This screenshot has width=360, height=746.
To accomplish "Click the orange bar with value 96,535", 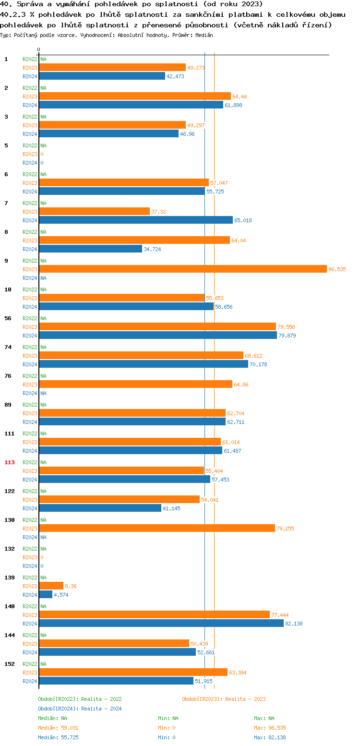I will click(182, 269).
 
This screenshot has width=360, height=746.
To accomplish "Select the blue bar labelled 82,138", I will click(161, 623).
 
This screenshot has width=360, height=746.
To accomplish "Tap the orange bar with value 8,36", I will click(51, 586).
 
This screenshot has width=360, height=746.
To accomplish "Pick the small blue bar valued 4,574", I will click(46, 594).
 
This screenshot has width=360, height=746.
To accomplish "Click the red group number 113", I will click(10, 462).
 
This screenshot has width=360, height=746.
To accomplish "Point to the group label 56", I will click(8, 318).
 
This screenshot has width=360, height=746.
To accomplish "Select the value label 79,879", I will click(287, 336).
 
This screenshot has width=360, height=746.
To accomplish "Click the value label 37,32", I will click(158, 212).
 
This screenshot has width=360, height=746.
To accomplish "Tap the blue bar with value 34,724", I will click(90, 249).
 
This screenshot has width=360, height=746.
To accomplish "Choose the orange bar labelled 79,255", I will click(157, 528).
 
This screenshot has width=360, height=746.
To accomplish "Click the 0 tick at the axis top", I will click(38, 50).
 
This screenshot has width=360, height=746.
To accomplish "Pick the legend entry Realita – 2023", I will click(224, 699).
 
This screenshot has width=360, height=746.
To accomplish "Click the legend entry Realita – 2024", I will click(80, 709).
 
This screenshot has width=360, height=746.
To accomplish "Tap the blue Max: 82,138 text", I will click(270, 737).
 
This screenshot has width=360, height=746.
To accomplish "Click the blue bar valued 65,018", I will click(136, 220).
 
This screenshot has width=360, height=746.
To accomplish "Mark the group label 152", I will click(10, 664).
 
